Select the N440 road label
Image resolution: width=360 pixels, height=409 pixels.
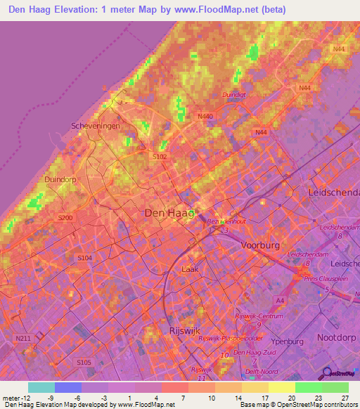click(x=205, y=116)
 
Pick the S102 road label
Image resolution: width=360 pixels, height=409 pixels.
click(x=160, y=156)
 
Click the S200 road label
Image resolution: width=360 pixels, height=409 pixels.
click(x=65, y=218)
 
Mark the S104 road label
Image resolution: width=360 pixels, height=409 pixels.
click(x=84, y=259)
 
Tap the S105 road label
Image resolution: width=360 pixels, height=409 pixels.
click(x=83, y=362)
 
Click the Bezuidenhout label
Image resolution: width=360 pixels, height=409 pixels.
click(x=226, y=221)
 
